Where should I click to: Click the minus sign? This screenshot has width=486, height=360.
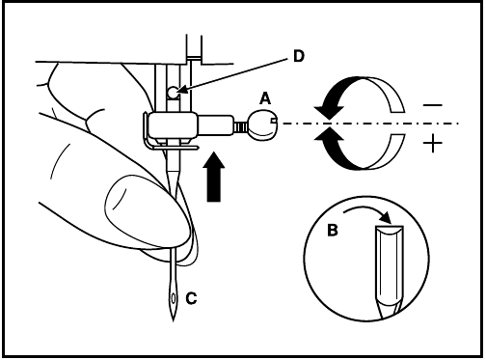point(431,104)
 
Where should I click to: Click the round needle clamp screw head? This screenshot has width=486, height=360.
point(262,123)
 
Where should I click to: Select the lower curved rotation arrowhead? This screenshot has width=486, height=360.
point(327,140)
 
